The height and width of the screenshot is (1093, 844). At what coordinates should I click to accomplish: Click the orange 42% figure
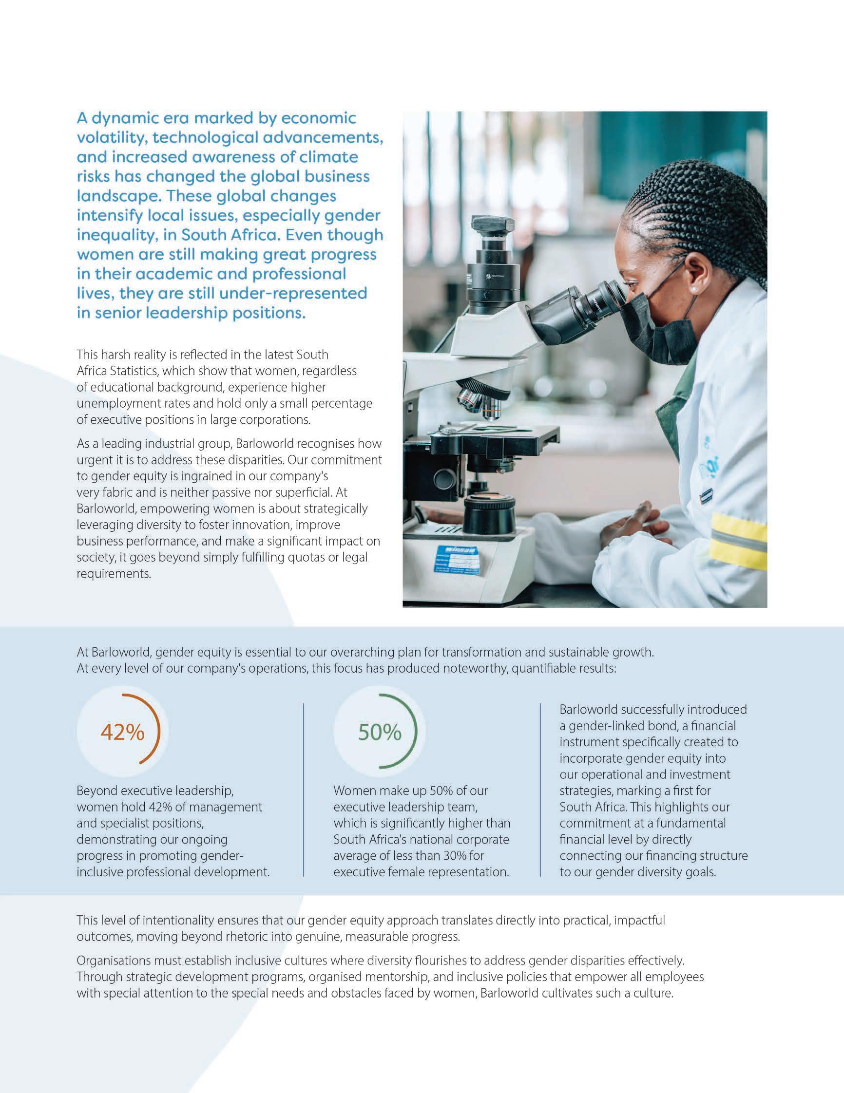pyautogui.click(x=123, y=733)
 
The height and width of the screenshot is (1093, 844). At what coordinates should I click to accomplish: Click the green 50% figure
pyautogui.click(x=380, y=733)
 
